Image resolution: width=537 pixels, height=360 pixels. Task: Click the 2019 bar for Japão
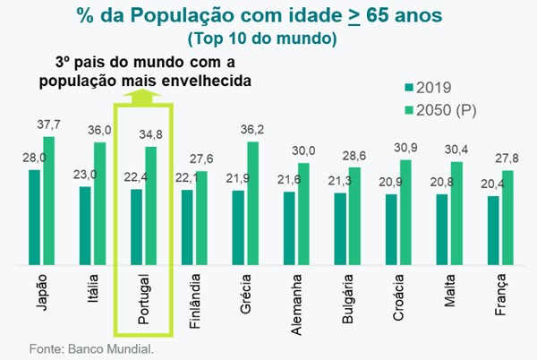[34, 217]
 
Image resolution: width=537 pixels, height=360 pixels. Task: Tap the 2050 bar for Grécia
[252, 203]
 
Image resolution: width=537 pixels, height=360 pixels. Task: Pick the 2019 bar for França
[493, 230]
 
